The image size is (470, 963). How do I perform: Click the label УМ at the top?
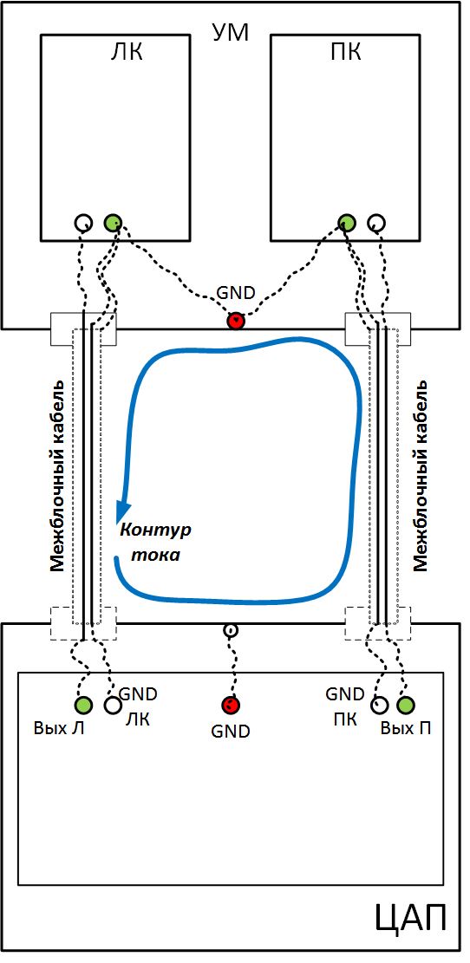coord(231,33)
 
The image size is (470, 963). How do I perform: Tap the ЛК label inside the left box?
coord(126,53)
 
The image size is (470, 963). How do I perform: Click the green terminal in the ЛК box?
coord(113,222)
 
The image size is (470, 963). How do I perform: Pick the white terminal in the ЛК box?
coord(83,222)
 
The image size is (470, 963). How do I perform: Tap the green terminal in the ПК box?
coord(347,222)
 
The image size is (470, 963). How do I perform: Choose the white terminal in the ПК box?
coord(376,222)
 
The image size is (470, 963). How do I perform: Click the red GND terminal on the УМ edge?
coord(236,320)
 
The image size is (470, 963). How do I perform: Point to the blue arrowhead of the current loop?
coord(124,511)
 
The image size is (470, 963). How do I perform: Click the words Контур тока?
coord(155,543)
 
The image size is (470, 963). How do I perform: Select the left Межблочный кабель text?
coord(58,476)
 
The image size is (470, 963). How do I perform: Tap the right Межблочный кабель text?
coord(421,476)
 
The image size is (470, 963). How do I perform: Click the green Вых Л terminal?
coord(83,705)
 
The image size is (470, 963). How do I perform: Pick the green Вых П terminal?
coord(405,705)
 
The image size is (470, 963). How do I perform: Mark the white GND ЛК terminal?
coord(113,705)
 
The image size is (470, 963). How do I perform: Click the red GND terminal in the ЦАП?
coord(231,705)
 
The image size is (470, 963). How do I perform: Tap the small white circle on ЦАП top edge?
coord(230,630)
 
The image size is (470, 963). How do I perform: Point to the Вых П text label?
coord(405,729)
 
